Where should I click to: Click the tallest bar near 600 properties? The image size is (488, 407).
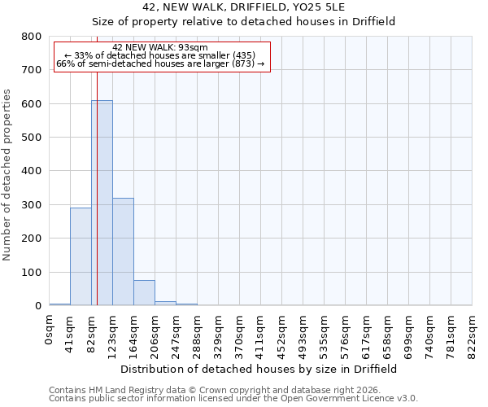coord(102,203)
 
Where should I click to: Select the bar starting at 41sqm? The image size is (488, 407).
coord(81,256)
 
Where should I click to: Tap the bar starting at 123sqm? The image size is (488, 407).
coord(123,252)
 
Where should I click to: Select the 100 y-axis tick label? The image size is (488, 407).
coord(31,272)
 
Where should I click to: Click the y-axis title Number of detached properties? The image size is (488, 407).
coord(8,171)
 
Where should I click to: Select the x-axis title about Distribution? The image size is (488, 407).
coord(264,369)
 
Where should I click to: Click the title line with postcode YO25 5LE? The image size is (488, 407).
coord(243,7)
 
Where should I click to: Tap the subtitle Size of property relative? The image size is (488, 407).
coord(243,21)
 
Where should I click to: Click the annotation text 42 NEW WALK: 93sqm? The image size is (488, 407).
coord(160,47)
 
